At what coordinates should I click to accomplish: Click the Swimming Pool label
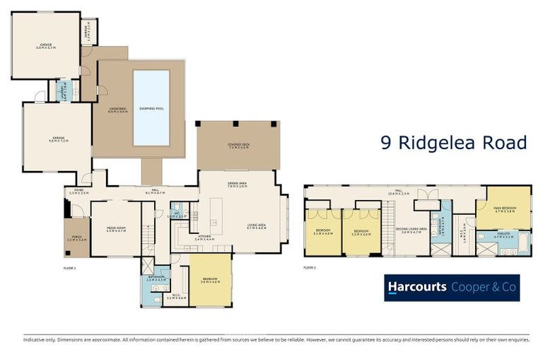pyautogui.click(x=151, y=109)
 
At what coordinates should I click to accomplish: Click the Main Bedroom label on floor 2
pyautogui.click(x=503, y=208)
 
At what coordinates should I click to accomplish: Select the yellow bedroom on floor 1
pyautogui.click(x=211, y=280)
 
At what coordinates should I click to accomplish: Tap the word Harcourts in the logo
pyautogui.click(x=417, y=287)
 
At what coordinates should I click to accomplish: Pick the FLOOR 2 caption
pyautogui.click(x=310, y=268)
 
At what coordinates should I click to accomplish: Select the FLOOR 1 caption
pyautogui.click(x=69, y=268)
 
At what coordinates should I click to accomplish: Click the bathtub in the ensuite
pyautogui.click(x=522, y=245)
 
